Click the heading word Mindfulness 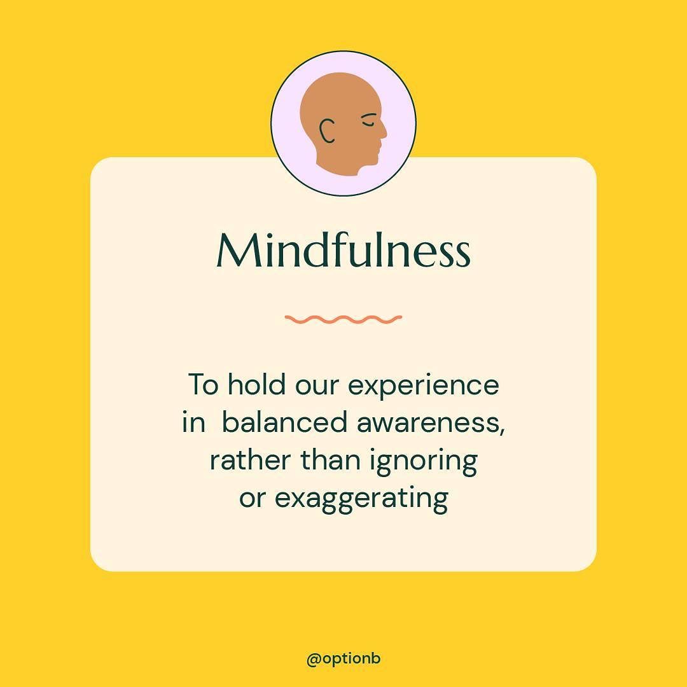click(343, 250)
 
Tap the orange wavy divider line click(343, 319)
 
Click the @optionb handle click(343, 658)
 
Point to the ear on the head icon click(327, 130)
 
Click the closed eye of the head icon click(368, 120)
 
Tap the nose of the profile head click(383, 130)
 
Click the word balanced click(284, 422)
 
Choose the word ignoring click(423, 462)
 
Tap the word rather click(250, 460)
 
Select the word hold click(256, 384)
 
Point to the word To click(203, 385)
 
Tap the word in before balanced click(193, 422)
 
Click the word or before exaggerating click(253, 499)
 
